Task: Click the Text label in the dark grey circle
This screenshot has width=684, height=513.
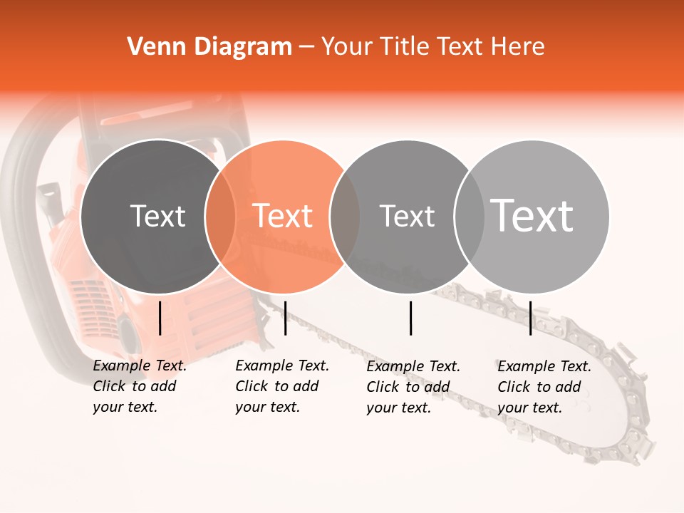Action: [x=157, y=216]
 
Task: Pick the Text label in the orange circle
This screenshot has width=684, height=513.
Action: [x=283, y=216]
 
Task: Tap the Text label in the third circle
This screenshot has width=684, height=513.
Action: [x=407, y=216]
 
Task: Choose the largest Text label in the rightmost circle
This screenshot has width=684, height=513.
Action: [x=532, y=216]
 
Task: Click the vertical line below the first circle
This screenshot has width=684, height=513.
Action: [x=160, y=318]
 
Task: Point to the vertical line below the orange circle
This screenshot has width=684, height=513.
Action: [x=285, y=318]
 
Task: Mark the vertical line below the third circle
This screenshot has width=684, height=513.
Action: [x=410, y=318]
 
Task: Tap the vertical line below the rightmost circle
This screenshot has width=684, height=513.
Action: [x=530, y=318]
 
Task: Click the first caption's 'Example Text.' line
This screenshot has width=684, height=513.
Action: [x=140, y=366]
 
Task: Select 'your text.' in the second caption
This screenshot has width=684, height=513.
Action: [x=267, y=408]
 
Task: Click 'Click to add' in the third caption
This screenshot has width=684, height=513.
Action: [x=408, y=387]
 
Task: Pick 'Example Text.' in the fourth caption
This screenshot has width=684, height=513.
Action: [x=544, y=366]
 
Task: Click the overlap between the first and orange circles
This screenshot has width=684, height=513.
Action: [x=220, y=216]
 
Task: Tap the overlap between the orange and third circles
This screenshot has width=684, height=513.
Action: [x=345, y=216]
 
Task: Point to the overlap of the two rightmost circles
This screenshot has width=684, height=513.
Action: [x=469, y=216]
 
